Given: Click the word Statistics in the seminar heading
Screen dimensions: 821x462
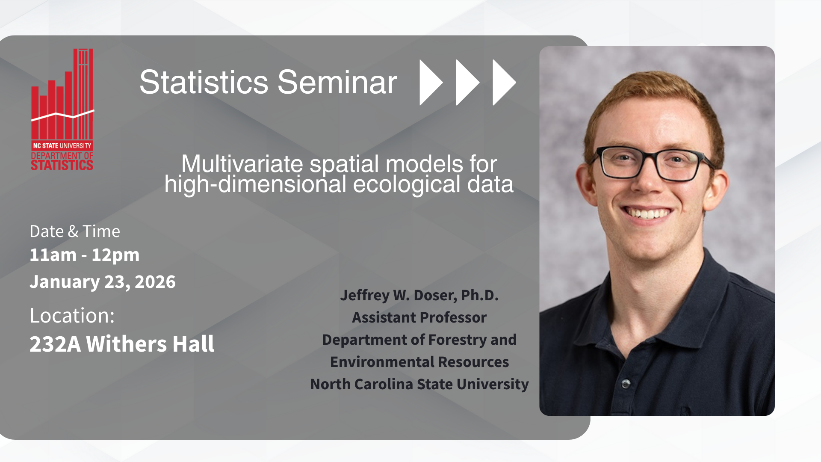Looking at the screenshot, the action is (204, 82).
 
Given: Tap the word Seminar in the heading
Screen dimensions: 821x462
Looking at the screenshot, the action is (337, 82).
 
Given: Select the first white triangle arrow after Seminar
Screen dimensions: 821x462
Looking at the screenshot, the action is (431, 82).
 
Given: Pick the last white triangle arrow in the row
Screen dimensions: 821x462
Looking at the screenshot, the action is (504, 82).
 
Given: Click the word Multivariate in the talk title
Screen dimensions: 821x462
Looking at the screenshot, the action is (242, 164).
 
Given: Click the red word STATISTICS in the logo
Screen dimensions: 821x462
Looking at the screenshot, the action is (62, 165).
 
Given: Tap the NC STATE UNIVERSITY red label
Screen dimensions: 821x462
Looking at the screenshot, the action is (62, 146).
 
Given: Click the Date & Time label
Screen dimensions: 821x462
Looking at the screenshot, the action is (75, 231).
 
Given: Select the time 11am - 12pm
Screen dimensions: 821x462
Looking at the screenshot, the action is (85, 255).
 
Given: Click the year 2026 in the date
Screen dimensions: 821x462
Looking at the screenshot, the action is (155, 282).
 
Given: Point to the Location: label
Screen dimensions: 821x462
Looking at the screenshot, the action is (72, 316).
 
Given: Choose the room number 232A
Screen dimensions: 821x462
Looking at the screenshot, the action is (55, 344).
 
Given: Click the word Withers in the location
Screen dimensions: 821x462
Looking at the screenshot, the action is (127, 344).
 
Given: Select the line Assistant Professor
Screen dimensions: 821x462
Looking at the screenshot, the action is (419, 317).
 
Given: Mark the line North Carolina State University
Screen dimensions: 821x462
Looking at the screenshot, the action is (419, 384).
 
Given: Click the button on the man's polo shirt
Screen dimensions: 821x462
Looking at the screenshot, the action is (626, 383).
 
